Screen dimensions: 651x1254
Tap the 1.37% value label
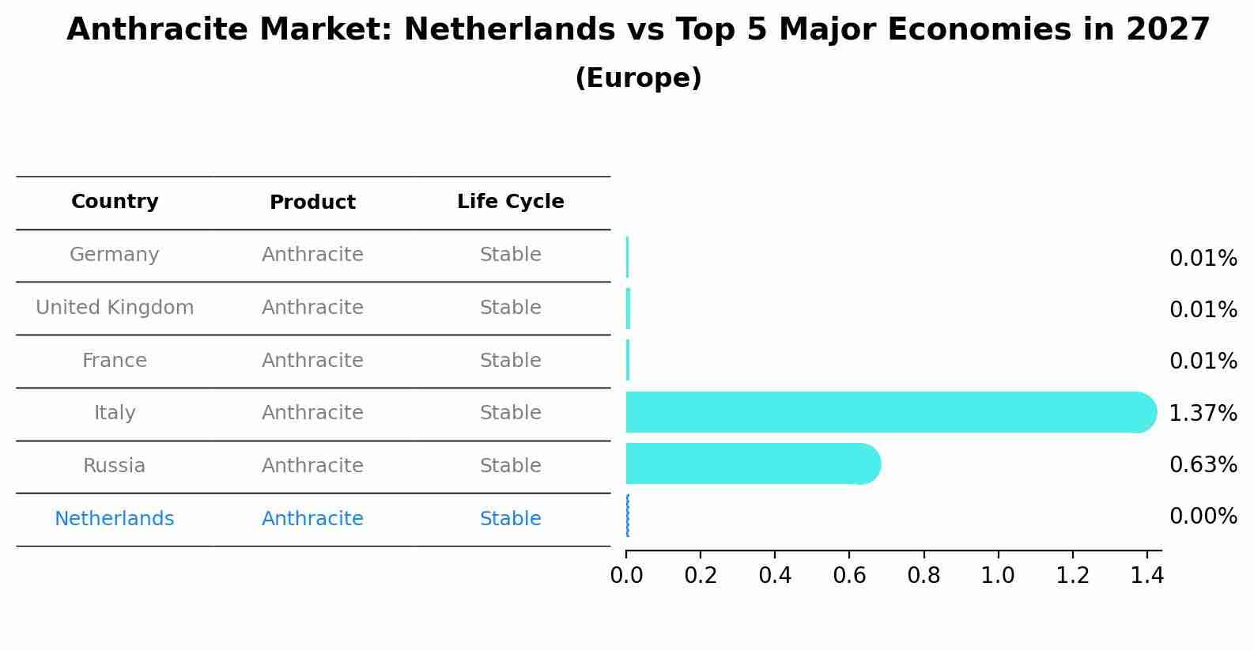tap(1203, 413)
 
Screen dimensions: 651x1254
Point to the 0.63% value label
tap(1203, 464)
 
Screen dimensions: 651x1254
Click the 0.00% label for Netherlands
tap(1203, 517)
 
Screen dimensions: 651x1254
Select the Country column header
tap(115, 202)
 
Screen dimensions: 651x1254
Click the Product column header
tap(312, 202)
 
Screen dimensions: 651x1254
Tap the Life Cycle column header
tap(510, 202)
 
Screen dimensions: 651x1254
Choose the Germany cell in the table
tap(115, 255)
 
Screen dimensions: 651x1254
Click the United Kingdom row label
tap(115, 308)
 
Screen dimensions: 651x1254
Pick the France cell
tap(115, 361)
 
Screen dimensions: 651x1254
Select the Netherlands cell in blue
tap(115, 519)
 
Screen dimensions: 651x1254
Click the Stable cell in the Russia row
tap(510, 466)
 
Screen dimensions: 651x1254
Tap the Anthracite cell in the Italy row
tap(312, 413)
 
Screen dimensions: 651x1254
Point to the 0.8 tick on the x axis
tap(924, 575)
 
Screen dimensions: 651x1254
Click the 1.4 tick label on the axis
tap(1146, 575)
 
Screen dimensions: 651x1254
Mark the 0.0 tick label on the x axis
tap(626, 575)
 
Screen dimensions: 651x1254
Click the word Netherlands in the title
tap(509, 30)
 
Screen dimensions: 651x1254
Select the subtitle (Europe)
tap(638, 78)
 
